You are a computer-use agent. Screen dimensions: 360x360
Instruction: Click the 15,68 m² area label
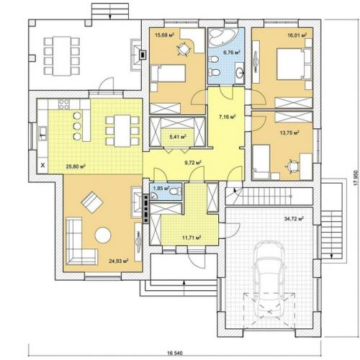pos(164,35)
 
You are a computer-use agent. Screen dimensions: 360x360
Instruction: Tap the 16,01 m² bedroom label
pos(297,35)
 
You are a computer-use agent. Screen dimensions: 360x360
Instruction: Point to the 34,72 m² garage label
pos(294,219)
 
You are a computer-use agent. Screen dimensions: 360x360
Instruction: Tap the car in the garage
pos(269,279)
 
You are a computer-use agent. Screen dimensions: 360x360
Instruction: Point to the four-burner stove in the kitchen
pos(64,104)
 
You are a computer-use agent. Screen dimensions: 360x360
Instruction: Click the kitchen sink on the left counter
pos(42,134)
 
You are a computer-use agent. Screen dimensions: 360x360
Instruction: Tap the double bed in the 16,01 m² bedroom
pos(294,64)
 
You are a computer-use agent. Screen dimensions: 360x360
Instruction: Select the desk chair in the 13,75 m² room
pos(292,166)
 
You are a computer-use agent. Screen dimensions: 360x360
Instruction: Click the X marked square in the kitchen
pos(43,165)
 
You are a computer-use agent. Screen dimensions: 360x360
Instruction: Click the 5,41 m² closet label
pos(178,137)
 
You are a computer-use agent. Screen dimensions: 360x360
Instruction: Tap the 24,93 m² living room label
pos(118,261)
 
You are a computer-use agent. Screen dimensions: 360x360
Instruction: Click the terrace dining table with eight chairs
pos(62,55)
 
